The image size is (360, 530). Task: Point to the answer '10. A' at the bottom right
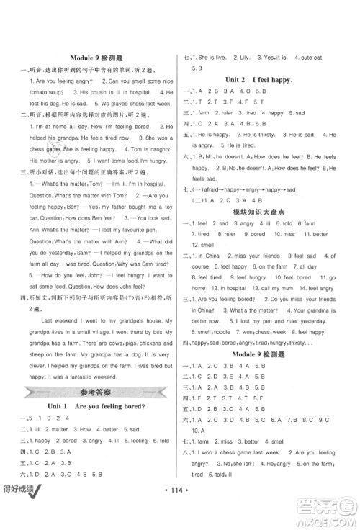199,430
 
